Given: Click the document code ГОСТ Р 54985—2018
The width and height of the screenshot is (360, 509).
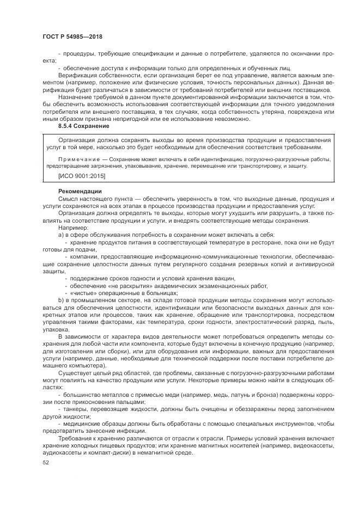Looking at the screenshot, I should coord(72,36).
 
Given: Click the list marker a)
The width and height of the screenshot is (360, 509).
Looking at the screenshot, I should coord(61,234).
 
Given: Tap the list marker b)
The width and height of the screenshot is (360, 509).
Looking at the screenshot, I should coord(61,300).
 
